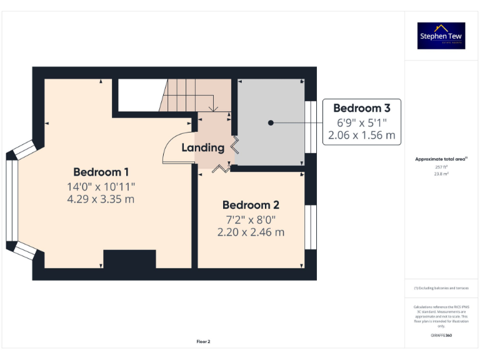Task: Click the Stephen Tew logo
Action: [441, 36]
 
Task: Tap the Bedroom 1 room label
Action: [101, 172]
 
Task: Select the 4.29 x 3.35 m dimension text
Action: [101, 199]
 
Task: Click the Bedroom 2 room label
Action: [251, 205]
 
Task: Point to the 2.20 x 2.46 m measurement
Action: [251, 232]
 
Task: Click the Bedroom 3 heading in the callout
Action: [361, 108]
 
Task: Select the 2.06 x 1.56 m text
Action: [361, 134]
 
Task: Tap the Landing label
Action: [203, 148]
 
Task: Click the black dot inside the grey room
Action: [271, 122]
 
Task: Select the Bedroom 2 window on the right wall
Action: [310, 227]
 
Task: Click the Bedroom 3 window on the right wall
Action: [310, 127]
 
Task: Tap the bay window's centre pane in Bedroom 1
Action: [12, 201]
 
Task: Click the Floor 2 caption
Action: [204, 342]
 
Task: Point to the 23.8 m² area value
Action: [442, 174]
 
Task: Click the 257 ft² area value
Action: [442, 167]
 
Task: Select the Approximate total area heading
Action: [441, 159]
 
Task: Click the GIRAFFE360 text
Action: [441, 336]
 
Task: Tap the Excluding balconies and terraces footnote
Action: [441, 288]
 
